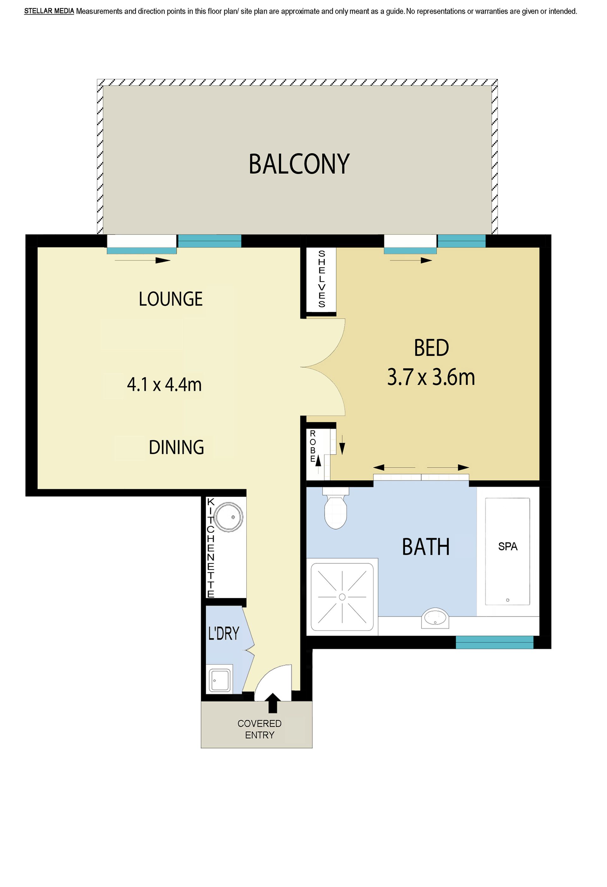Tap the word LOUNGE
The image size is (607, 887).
click(x=170, y=299)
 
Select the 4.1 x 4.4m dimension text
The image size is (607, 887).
click(x=164, y=384)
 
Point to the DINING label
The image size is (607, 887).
click(x=176, y=447)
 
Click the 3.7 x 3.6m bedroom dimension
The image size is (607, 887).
click(x=431, y=377)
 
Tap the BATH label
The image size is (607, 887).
click(x=426, y=547)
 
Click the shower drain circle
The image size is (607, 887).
click(x=342, y=597)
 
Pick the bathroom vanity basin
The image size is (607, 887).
click(x=435, y=619)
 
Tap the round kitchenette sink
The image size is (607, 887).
click(x=228, y=517)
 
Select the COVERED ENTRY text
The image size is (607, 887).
click(x=260, y=729)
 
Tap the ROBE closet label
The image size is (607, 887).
click(x=313, y=446)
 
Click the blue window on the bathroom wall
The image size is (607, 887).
click(x=494, y=642)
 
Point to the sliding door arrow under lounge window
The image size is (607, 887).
click(x=142, y=261)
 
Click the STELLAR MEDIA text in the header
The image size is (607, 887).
click(x=49, y=11)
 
